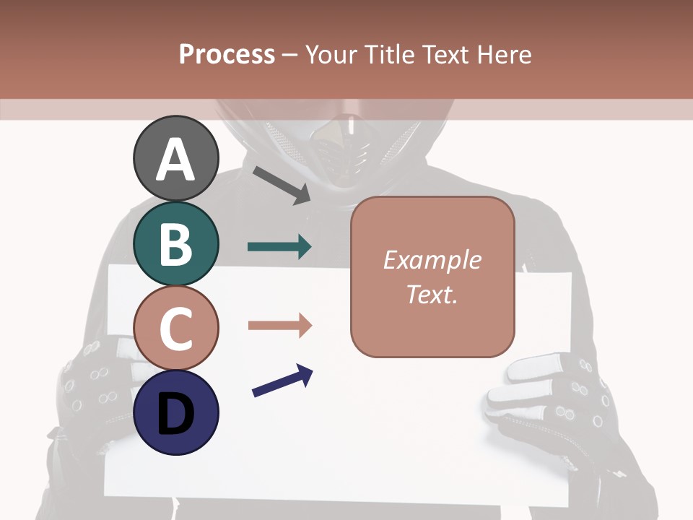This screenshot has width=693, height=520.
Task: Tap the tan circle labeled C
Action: [175, 328]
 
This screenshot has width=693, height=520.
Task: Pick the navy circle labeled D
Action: [175, 412]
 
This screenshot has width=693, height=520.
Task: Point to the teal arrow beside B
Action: [279, 247]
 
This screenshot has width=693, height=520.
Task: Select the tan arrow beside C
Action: [279, 326]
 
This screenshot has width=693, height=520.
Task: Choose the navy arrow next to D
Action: [282, 381]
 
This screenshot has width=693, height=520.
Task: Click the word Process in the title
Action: [227, 54]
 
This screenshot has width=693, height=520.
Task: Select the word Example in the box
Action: [432, 260]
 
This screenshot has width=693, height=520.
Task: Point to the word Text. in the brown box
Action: [432, 294]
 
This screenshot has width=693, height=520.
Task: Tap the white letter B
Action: [175, 244]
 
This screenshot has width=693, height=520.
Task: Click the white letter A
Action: [175, 160]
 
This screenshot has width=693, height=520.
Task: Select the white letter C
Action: [175, 329]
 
